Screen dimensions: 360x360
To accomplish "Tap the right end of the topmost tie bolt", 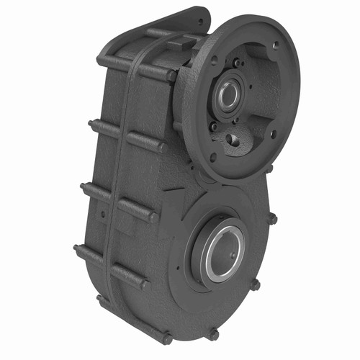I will click(x=172, y=73).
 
